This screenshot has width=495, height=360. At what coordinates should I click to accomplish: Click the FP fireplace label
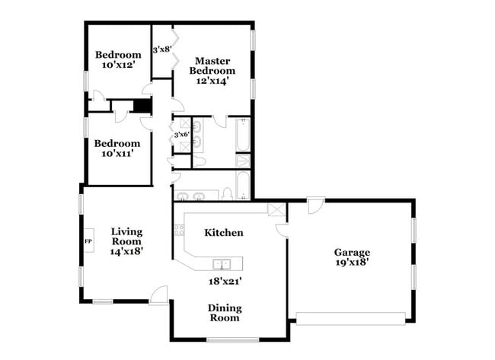coord(88,241)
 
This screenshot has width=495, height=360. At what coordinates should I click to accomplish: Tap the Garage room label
coord(352,252)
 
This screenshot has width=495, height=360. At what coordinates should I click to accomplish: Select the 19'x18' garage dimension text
coord(352,263)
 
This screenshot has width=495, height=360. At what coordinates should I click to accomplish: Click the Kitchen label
coord(224,232)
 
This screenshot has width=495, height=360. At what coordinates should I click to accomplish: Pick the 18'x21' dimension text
coord(225,280)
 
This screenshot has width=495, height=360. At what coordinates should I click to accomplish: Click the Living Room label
coord(127,236)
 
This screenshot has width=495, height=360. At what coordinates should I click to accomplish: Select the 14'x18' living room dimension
coord(127,250)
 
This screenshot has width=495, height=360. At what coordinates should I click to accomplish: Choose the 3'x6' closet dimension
coord(181,135)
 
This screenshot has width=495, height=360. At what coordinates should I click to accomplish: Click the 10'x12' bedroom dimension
coord(118,66)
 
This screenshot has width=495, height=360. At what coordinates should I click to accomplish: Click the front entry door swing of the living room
coord(158,295)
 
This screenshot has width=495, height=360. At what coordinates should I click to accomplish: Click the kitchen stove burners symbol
coord(180,229)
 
